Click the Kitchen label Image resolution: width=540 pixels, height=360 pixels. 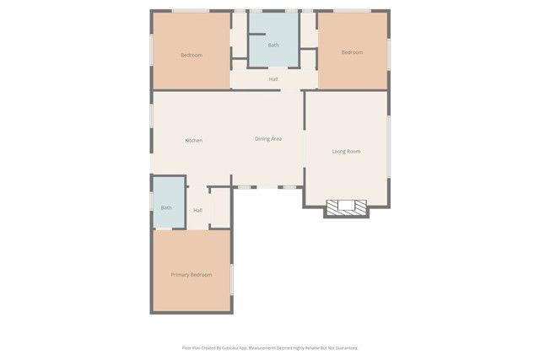[193, 140]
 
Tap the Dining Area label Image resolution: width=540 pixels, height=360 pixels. [268, 138]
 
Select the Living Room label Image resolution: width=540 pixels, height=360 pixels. [346, 152]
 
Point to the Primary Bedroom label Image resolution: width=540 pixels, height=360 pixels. [191, 275]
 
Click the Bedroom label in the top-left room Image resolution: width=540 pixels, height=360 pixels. [192, 56]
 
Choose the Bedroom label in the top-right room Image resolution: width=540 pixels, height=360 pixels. [352, 52]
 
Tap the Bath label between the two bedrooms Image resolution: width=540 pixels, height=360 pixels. [273, 46]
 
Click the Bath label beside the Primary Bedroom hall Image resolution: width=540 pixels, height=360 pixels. [166, 207]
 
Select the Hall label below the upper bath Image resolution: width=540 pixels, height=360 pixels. [273, 79]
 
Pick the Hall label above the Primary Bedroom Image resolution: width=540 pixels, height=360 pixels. [197, 210]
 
